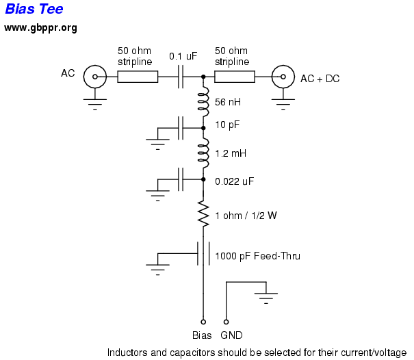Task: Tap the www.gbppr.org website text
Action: coord(40,28)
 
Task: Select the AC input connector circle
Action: coord(94,77)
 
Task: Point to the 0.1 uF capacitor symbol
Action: coord(181,77)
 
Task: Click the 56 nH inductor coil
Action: coord(203,101)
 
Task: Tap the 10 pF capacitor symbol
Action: coord(181,127)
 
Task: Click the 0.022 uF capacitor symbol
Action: coord(181,181)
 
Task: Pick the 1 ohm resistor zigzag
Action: coord(203,215)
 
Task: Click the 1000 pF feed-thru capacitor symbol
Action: coord(203,254)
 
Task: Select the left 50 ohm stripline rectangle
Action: coord(138,77)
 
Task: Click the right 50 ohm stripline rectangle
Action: coord(235,77)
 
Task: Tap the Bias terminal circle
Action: coord(203,321)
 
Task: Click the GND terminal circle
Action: coord(227,321)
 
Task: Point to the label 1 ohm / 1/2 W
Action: coord(246,216)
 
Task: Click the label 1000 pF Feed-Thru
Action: coord(258,257)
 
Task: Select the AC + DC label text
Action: coord(320,79)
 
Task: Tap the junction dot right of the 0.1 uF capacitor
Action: coord(203,77)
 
